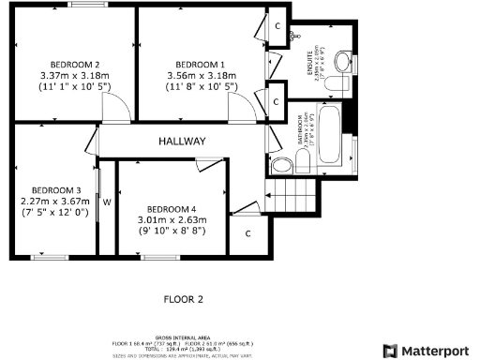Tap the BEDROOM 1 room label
pyautogui.click(x=202, y=64)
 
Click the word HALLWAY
pyautogui.click(x=181, y=142)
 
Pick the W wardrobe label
pyautogui.click(x=108, y=201)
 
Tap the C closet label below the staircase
pyautogui.click(x=248, y=232)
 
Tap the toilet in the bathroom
pyautogui.click(x=282, y=167)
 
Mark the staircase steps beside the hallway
pyautogui.click(x=285, y=197)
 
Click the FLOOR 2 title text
pyautogui.click(x=184, y=300)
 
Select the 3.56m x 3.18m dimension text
pyautogui.click(x=202, y=75)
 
